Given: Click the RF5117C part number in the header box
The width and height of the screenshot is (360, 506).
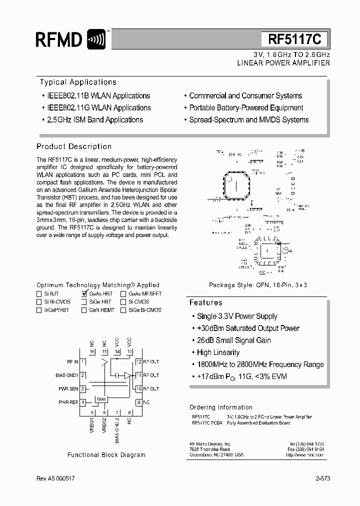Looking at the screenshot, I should (294, 39).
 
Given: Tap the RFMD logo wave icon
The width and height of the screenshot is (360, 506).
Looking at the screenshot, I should (96, 39).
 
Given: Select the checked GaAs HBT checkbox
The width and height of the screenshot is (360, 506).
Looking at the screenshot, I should (84, 294).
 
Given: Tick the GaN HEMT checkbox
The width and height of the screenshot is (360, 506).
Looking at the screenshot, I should (84, 310).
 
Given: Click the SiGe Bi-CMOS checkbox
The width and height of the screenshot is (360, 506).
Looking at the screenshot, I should (123, 310).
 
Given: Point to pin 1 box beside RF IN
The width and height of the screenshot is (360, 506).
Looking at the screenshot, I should (83, 362).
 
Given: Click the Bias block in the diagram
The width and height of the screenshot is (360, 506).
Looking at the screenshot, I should (101, 398).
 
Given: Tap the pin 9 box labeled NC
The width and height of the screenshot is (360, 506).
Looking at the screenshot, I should (138, 402).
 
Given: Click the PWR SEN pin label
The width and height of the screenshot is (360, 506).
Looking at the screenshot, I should (68, 388).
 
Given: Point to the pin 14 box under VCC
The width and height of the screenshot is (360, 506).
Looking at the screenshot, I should (117, 352).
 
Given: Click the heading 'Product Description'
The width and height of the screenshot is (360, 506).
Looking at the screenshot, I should (74, 146).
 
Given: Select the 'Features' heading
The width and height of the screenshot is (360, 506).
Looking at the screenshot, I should (205, 302).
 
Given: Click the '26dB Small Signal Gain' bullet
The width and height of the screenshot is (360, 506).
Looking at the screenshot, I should (233, 340).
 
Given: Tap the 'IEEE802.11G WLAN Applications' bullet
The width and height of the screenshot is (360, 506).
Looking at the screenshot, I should (95, 107).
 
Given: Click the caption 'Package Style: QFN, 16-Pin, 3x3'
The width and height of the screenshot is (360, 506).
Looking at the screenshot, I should (257, 285).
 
